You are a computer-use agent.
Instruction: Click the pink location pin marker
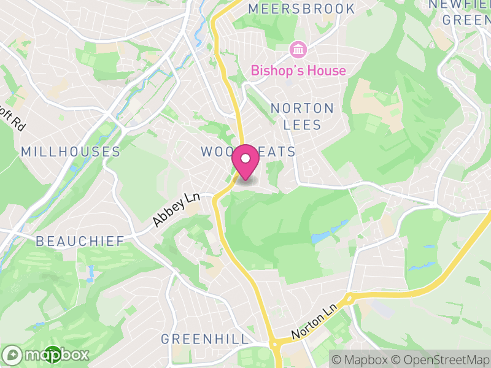coord(245,161)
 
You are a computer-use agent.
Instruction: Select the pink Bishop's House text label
coord(298,71)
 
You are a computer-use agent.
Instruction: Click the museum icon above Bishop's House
coord(298,48)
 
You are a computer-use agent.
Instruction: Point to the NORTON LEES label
coord(303,117)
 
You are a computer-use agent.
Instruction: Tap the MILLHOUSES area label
coord(71,151)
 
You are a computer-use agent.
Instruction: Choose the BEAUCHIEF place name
coord(80,241)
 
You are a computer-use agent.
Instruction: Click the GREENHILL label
coord(205,339)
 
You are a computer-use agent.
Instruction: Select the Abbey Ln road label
coord(177,210)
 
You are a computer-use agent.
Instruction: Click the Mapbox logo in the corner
coord(46,355)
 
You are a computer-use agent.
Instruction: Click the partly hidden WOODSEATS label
coord(249,151)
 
